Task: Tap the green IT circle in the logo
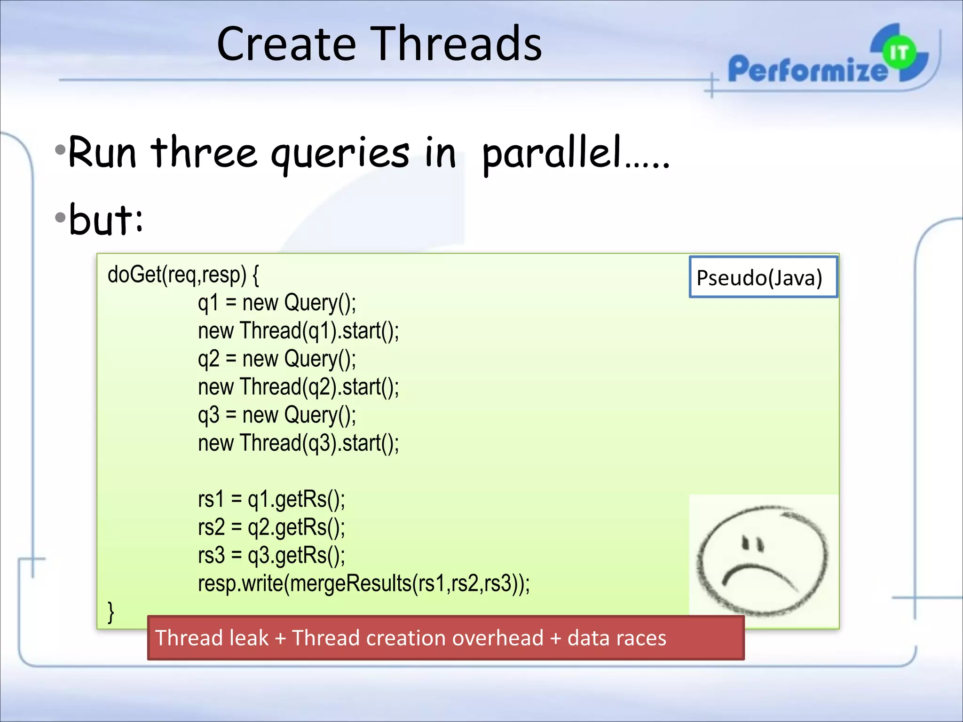(x=899, y=53)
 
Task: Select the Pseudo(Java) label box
(x=763, y=277)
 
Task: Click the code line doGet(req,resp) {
(x=183, y=275)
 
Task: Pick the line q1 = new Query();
(x=276, y=303)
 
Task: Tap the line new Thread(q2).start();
(x=298, y=387)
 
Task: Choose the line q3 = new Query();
(x=276, y=415)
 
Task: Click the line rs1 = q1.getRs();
(x=271, y=499)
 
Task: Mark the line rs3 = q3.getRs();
(x=271, y=555)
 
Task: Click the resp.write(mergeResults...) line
(x=363, y=583)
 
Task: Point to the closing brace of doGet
(x=111, y=612)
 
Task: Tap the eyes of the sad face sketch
(x=752, y=543)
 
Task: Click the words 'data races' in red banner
(x=616, y=638)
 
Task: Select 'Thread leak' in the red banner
(x=212, y=638)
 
